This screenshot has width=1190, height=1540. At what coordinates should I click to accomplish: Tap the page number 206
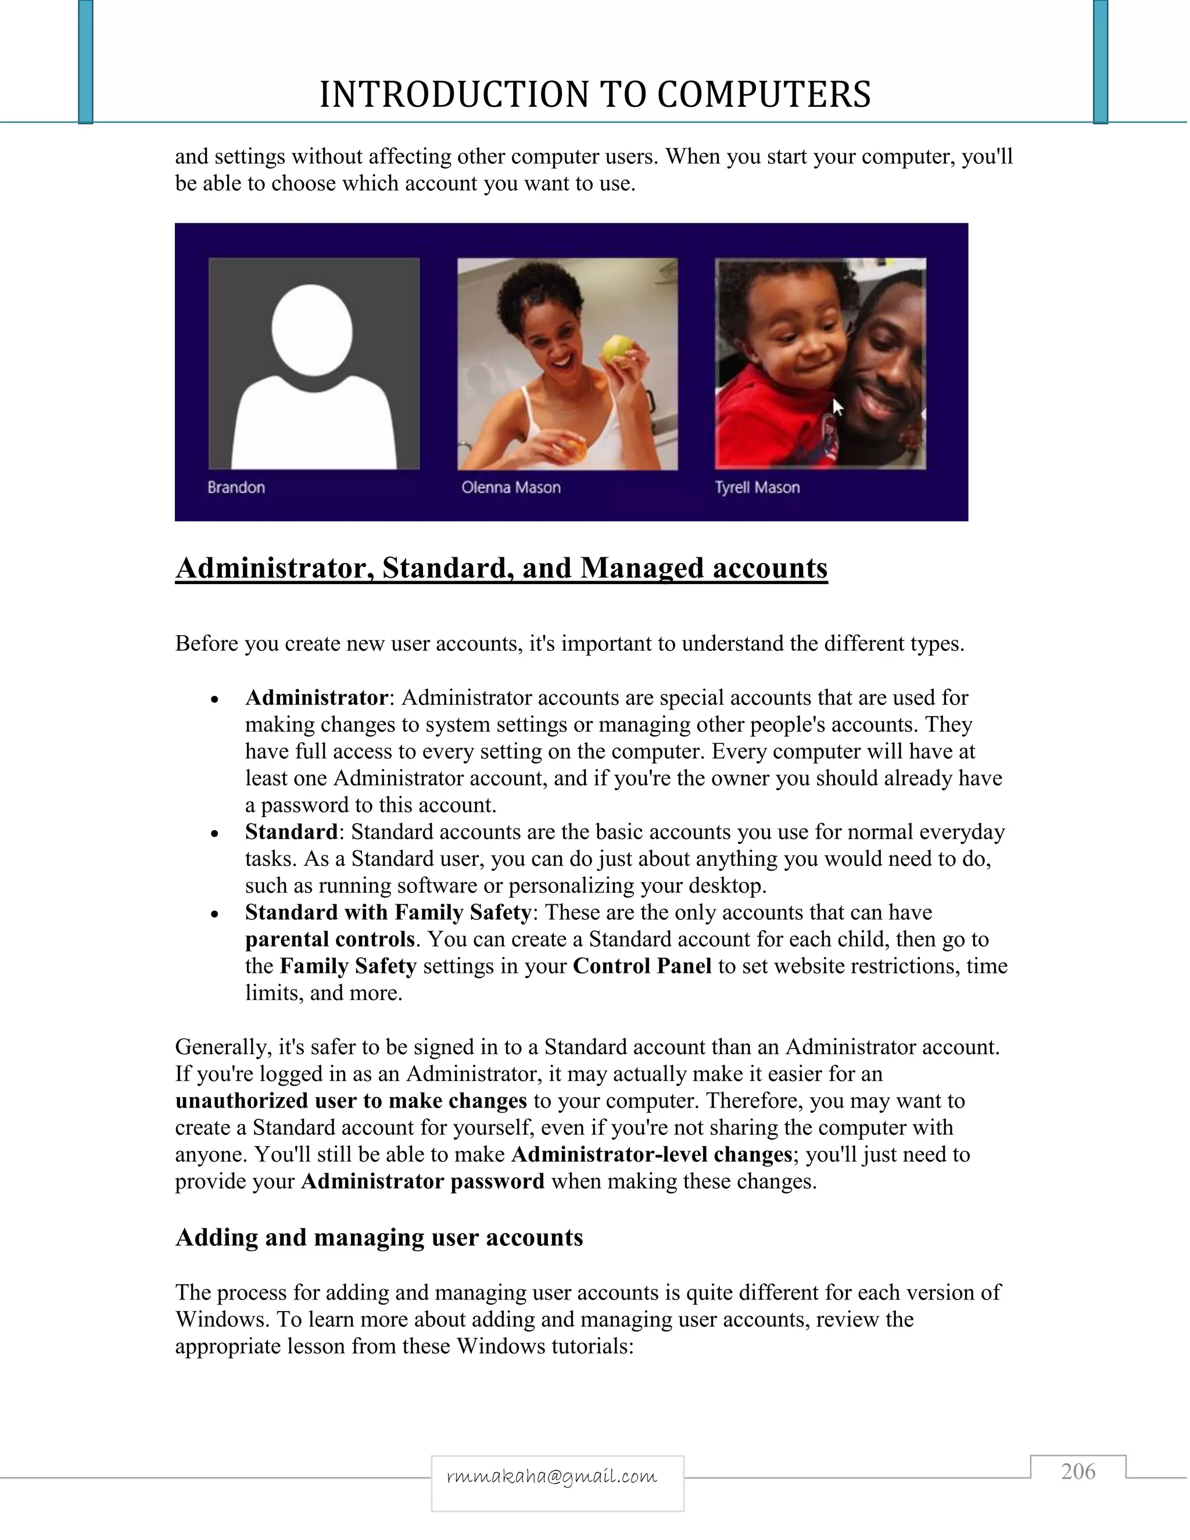1078,1471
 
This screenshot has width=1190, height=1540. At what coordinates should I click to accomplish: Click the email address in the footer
552,1476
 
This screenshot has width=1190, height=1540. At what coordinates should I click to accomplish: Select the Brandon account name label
236,487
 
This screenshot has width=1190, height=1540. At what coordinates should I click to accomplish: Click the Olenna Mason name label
511,487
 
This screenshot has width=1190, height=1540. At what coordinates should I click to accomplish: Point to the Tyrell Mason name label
757,487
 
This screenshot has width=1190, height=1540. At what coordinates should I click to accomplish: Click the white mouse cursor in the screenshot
837,407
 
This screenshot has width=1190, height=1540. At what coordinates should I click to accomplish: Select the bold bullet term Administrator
317,697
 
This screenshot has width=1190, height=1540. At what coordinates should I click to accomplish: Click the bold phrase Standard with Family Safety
388,912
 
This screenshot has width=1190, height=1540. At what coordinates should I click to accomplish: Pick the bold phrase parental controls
330,939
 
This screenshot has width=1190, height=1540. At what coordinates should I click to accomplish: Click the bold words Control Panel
642,966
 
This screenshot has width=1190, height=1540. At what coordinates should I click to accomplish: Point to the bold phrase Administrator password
423,1181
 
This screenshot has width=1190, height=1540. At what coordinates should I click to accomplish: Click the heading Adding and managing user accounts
379,1237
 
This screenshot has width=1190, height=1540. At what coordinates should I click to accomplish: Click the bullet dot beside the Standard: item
215,833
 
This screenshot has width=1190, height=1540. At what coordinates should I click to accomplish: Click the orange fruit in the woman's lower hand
571,449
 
